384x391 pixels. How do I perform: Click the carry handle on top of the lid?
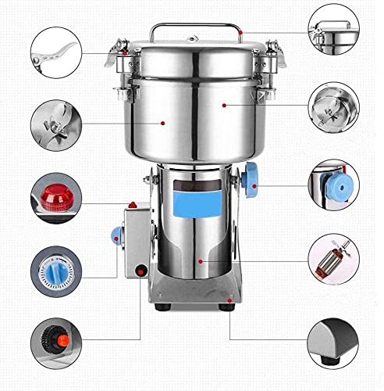click(x=194, y=28)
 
